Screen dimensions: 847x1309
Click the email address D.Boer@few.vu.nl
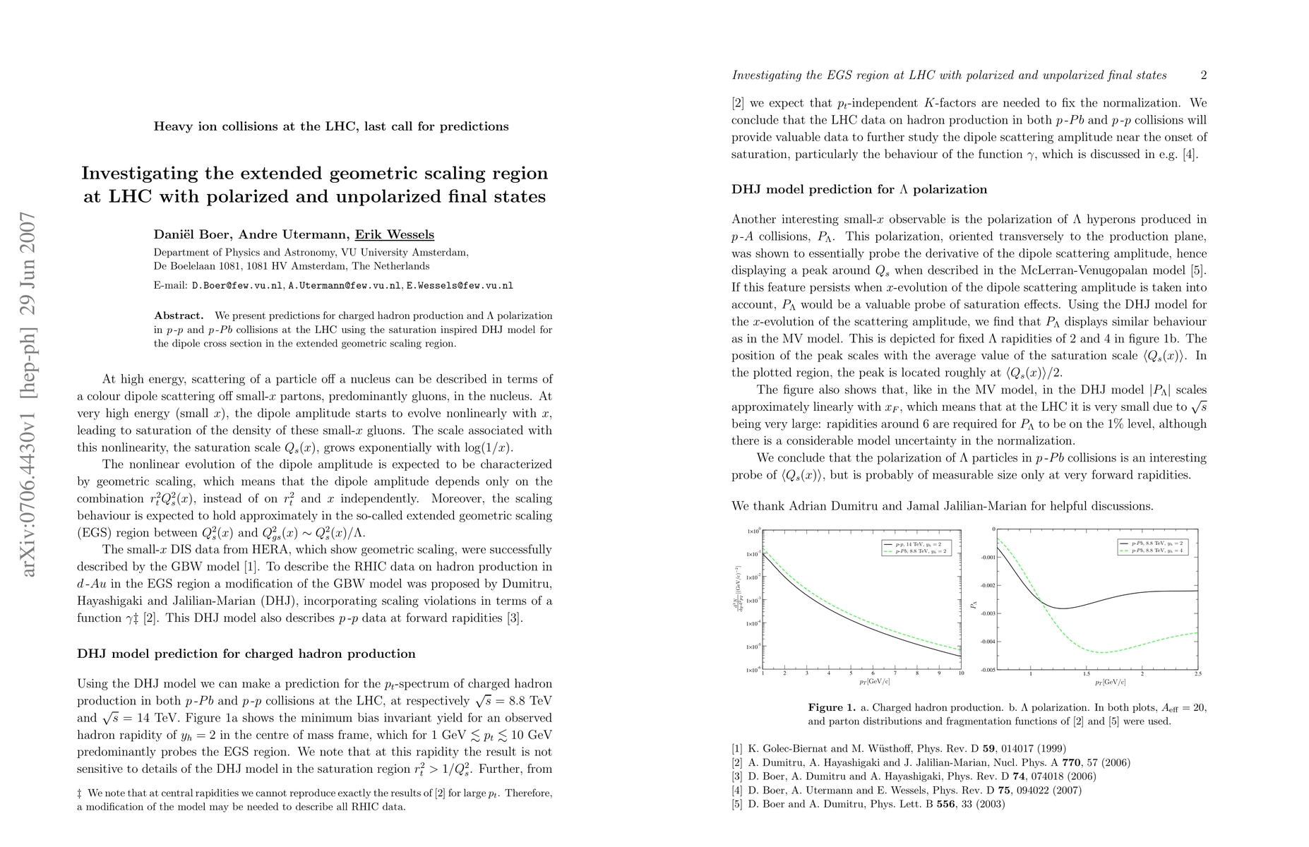pyautogui.click(x=237, y=286)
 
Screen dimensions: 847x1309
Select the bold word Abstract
pyautogui.click(x=179, y=316)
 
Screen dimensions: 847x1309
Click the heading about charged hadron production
pyautogui.click(x=246, y=654)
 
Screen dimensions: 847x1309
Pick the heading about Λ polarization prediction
pyautogui.click(x=859, y=189)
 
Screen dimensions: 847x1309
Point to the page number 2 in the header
pyautogui.click(x=1203, y=75)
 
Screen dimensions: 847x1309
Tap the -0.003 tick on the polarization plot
pyautogui.click(x=983, y=613)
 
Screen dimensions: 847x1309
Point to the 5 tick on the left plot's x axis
pyautogui.click(x=851, y=675)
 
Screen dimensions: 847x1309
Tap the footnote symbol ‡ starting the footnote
pyautogui.click(x=80, y=793)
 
